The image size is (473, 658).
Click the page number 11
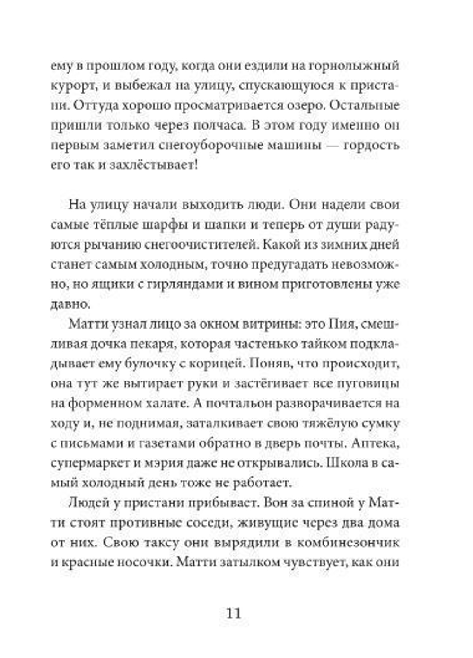234,613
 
